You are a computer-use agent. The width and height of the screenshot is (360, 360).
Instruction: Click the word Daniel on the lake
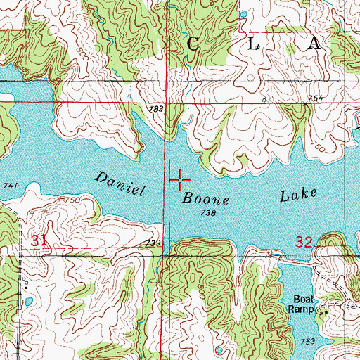tap(119, 183)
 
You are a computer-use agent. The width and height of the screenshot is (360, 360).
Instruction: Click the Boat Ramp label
tap(307, 303)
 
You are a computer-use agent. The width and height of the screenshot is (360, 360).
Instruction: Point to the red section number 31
tap(40, 241)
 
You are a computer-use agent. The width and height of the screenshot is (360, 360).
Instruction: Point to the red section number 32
tap(303, 242)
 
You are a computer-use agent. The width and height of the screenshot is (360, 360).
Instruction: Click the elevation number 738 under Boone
tap(207, 212)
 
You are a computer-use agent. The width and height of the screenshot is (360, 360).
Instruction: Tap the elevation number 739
tap(155, 243)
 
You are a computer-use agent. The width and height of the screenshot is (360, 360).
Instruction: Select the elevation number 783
tap(156, 109)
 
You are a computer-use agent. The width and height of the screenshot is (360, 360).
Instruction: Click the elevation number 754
tap(315, 98)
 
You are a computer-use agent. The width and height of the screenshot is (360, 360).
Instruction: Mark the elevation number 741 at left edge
tap(9, 185)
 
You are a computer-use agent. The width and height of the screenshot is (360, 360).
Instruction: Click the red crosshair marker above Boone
tap(180, 181)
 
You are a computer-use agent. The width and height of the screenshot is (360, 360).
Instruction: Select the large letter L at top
tap(254, 44)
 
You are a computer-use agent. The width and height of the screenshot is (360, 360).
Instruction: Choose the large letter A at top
tap(314, 44)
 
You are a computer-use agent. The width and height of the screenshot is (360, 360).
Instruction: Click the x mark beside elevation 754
tap(305, 103)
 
